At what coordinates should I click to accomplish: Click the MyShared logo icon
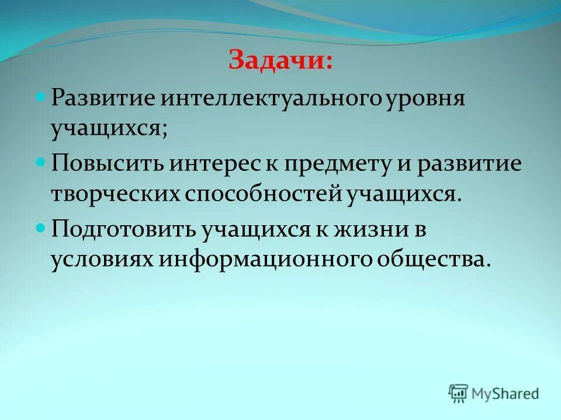pos(459,393)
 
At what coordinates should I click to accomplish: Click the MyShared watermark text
pos(505,394)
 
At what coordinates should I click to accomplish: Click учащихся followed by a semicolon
pos(108,129)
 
